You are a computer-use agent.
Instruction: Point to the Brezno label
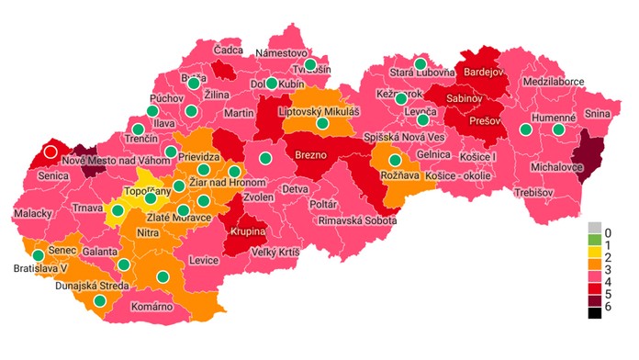(311, 155)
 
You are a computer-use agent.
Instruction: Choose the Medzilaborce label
(553, 81)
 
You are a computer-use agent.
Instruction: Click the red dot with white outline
(50, 152)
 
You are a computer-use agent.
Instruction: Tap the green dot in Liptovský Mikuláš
(322, 123)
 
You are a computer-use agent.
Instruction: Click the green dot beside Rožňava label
(395, 160)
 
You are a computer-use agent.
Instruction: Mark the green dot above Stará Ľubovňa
(420, 63)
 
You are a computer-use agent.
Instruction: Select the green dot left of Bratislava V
(38, 255)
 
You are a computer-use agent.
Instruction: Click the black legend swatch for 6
(595, 312)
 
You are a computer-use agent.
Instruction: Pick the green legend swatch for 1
(595, 242)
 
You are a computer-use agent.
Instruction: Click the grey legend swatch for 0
(595, 228)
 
